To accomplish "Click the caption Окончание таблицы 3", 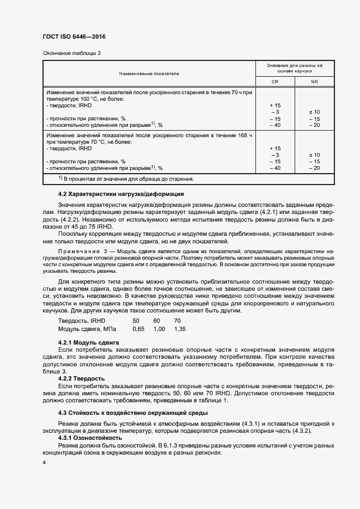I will [x=71, y=53].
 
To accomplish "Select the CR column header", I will [x=274, y=82].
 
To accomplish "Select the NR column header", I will [x=314, y=82].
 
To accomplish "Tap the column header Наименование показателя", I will [x=149, y=72].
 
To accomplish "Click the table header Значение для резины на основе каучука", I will [x=295, y=68].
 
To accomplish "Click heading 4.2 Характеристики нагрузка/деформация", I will [x=121, y=194].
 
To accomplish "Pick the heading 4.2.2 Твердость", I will [x=82, y=378].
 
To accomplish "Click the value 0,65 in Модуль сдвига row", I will [x=138, y=329].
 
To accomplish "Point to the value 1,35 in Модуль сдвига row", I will [x=180, y=329].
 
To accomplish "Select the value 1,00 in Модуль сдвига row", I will [x=159, y=329].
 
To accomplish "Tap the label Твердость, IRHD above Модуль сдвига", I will [x=82, y=321].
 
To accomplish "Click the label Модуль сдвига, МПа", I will [x=87, y=329].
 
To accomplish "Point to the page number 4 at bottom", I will [x=45, y=462].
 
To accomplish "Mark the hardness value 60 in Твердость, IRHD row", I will [x=157, y=321].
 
